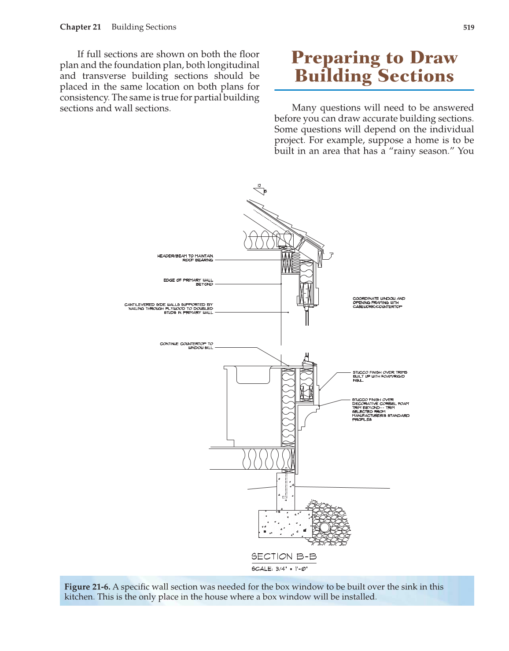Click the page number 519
(468, 27)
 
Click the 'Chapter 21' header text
(81, 27)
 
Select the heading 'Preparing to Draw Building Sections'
(374, 66)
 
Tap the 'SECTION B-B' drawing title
(284, 557)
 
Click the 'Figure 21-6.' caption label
(87, 587)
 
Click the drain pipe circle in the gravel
(325, 527)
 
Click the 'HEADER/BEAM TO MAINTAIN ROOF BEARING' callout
(185, 258)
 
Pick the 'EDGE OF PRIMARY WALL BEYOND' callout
(188, 282)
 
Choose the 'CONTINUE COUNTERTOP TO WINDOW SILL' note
(187, 346)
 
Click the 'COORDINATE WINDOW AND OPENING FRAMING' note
(379, 302)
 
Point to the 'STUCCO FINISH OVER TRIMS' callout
(380, 376)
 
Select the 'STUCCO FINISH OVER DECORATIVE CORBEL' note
(380, 409)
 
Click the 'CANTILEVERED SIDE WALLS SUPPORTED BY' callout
(169, 308)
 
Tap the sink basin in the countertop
(253, 375)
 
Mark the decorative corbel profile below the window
(308, 416)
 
